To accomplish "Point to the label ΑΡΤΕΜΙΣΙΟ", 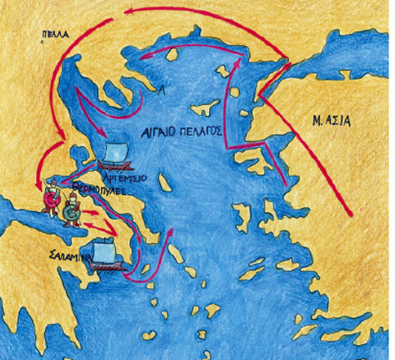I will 123,175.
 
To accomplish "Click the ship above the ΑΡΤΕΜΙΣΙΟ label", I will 118,155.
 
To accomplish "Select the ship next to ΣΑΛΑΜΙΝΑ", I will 104,253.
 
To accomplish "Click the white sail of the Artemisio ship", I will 118,152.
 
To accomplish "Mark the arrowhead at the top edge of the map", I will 128,10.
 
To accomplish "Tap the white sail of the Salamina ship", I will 104,248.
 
